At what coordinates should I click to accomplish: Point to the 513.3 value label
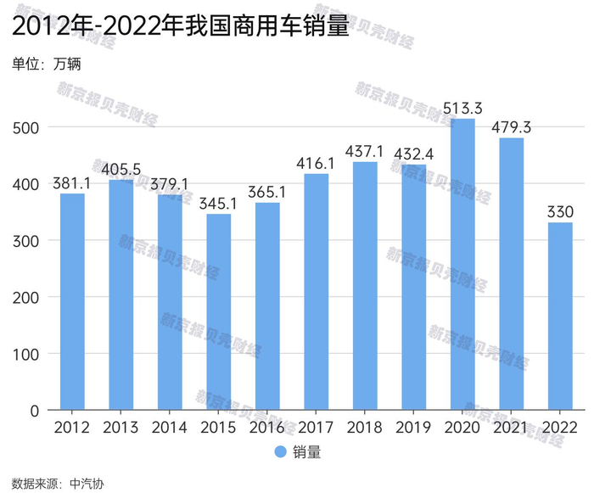point(462,108)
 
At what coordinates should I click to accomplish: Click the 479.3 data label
point(512,127)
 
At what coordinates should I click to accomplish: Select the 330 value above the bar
point(560,211)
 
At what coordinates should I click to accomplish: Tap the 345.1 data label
point(219,203)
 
